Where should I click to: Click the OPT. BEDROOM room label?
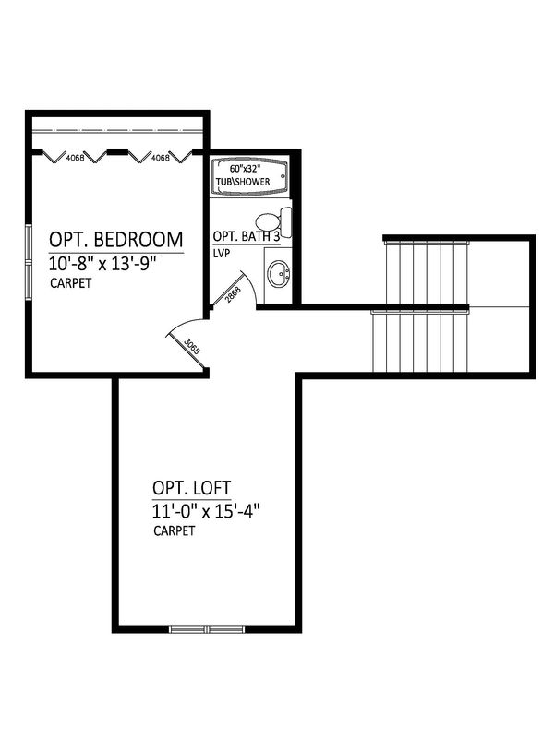(116, 240)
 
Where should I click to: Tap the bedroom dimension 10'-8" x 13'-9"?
(102, 264)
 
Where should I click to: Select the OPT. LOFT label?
(192, 488)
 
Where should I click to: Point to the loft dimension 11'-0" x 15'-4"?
(206, 511)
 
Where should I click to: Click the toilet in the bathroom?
(273, 220)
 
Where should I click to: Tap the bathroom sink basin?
(279, 274)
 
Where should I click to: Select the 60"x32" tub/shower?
(249, 176)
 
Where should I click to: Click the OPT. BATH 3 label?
(247, 236)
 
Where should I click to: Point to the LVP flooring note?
(222, 253)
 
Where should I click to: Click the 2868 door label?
(233, 295)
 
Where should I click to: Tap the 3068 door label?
(192, 347)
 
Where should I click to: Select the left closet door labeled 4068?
(76, 156)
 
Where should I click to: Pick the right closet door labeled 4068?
(160, 156)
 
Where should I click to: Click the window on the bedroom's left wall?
(29, 262)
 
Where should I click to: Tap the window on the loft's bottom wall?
(207, 629)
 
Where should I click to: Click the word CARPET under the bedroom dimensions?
(71, 283)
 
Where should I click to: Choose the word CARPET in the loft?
(175, 531)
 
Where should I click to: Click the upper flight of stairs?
(427, 272)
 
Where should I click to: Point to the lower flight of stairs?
(420, 341)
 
